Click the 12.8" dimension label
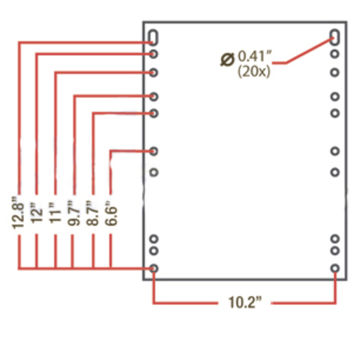coord(18,212)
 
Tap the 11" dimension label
coord(55,212)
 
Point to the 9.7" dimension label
coord(73,213)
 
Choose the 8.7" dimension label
coord(92,213)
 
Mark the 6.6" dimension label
coord(111,213)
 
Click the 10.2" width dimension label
coord(245,302)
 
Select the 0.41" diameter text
coord(254,57)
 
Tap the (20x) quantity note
coord(253,71)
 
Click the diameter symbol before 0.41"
coord(227,60)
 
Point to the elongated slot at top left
coord(153,37)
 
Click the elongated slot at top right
coord(335,37)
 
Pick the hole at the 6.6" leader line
coord(153,151)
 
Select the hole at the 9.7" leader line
coord(153,96)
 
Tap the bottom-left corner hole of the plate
coord(153,269)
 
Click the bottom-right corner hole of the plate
coord(335,269)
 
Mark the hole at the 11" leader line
coord(153,73)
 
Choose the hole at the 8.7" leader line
coord(153,113)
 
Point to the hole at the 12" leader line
coord(153,54)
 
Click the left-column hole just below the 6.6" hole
coord(154,172)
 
